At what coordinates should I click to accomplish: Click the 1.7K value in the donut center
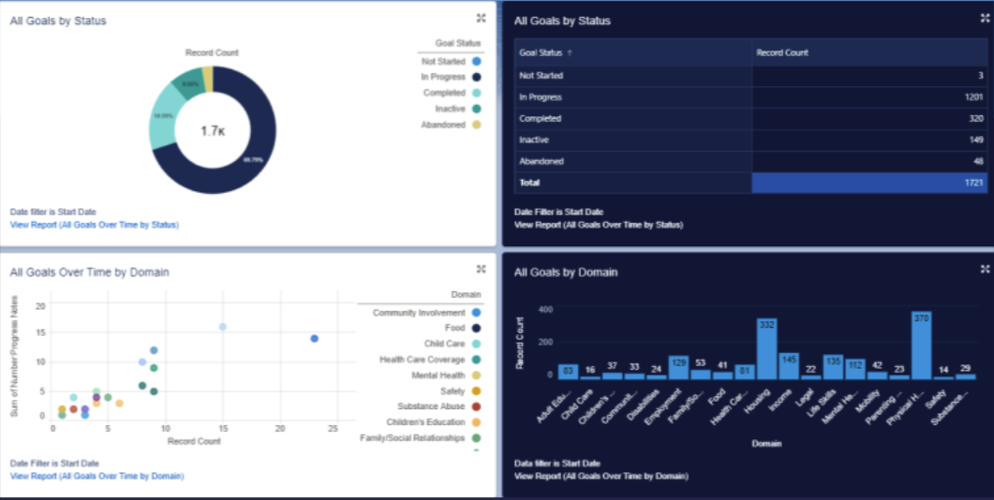click(x=213, y=131)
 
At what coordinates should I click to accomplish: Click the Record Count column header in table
click(x=782, y=53)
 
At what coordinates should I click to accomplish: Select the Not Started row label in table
click(x=541, y=75)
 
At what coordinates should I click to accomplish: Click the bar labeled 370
click(x=921, y=345)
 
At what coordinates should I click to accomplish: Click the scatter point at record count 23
click(x=315, y=338)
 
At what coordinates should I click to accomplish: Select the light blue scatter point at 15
click(x=223, y=327)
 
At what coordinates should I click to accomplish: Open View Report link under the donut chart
click(x=94, y=225)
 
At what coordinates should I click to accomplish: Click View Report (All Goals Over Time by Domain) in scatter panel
click(x=96, y=476)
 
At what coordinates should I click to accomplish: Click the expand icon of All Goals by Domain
click(x=985, y=269)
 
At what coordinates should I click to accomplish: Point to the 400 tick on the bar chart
click(x=546, y=309)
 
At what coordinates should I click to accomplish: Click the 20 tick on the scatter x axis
click(x=279, y=429)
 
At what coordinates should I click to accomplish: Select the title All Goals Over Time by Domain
click(x=89, y=272)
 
